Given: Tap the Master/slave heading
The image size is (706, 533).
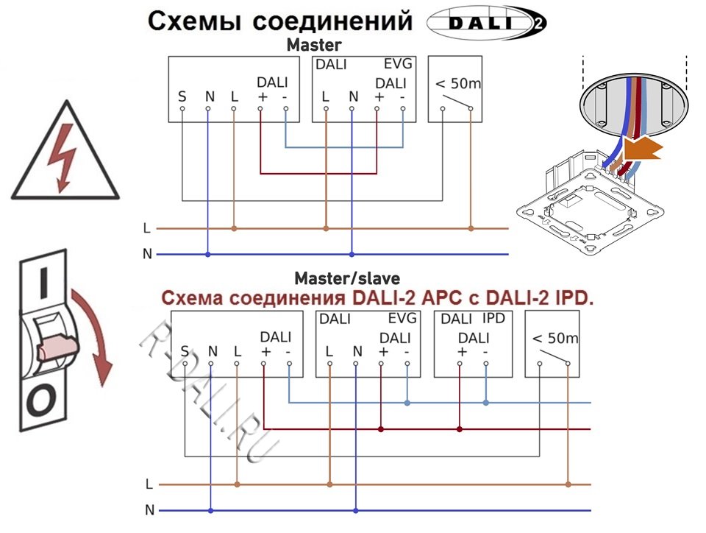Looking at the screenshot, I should click(x=347, y=278).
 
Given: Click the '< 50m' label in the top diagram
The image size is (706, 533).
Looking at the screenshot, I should click(x=458, y=83).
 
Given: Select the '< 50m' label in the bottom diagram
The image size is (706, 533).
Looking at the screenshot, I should click(x=555, y=339).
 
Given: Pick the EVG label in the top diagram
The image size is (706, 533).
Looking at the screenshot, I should click(x=398, y=65).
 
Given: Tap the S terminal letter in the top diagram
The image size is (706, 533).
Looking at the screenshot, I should click(x=182, y=96).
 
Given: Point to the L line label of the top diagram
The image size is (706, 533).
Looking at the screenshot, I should click(x=147, y=228).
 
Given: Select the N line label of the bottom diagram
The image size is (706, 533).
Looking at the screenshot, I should click(x=149, y=509).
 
